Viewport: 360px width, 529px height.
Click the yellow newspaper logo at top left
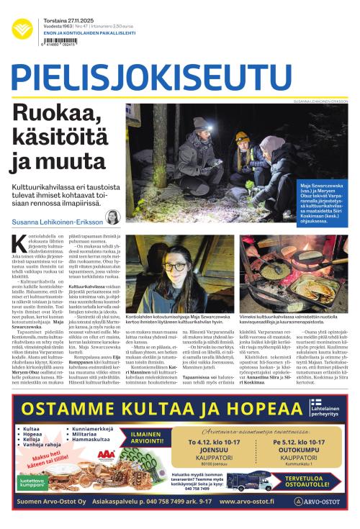(x=22, y=30)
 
